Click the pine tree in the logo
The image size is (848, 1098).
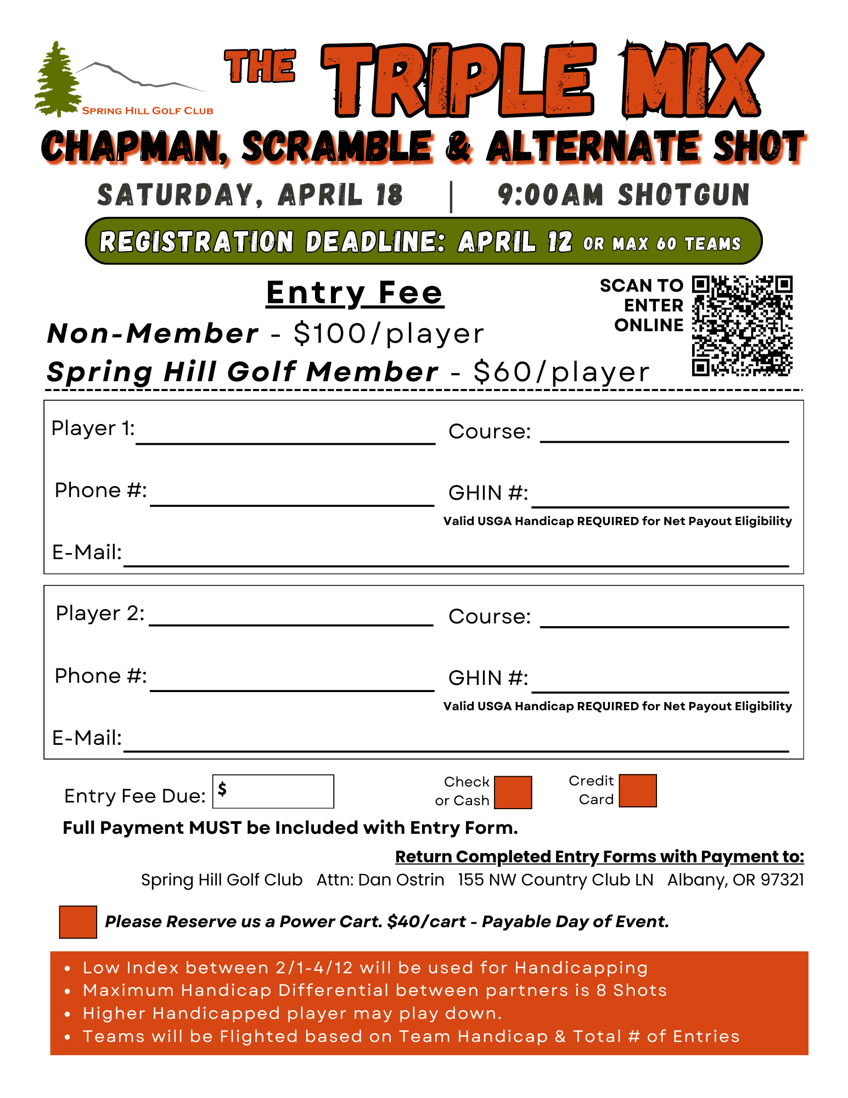click(x=57, y=80)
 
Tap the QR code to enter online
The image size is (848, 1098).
click(x=742, y=326)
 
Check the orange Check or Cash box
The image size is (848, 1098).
click(x=513, y=792)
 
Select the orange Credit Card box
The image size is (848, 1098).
click(x=637, y=790)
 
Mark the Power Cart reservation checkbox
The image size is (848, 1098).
click(x=78, y=922)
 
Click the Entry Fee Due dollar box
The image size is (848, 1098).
click(x=273, y=792)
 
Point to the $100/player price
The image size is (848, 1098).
click(x=389, y=333)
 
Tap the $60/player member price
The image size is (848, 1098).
click(x=561, y=372)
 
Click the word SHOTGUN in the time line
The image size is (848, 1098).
click(x=683, y=195)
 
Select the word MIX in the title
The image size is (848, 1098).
click(x=692, y=81)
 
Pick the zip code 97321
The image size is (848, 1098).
click(x=782, y=879)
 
